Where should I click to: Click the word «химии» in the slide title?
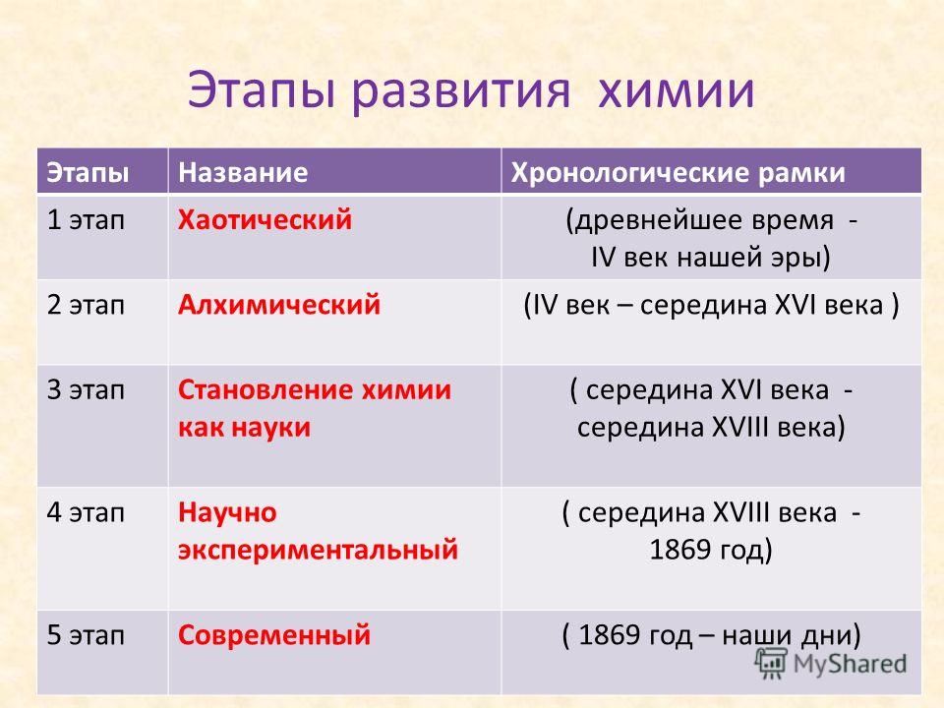pos(677,90)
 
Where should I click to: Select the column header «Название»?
pos(243,173)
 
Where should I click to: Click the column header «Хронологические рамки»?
pos(678,173)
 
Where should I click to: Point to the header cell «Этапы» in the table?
pos(88,173)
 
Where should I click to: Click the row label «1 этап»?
pos(86,219)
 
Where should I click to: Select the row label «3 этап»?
pos(86,390)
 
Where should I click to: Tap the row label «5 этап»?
pos(86,635)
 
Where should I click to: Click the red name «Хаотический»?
pos(265,219)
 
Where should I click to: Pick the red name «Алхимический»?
pos(279,305)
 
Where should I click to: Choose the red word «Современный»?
pos(274,635)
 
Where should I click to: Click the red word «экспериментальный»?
pos(318,551)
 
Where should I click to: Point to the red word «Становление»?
pos(264,390)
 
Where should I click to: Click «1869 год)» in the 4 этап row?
pos(710,550)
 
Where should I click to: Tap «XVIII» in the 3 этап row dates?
pos(740,428)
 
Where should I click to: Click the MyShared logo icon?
pos(771,664)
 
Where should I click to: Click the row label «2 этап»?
pos(86,305)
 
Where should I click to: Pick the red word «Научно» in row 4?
pos(227,513)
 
